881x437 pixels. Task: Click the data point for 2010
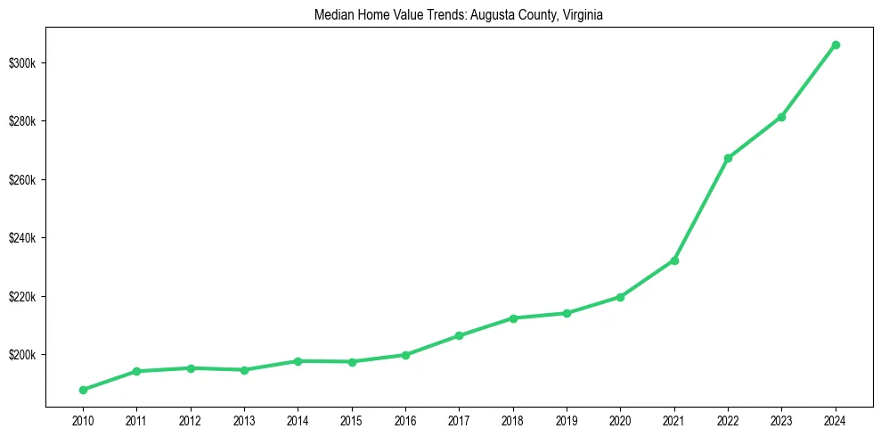coord(83,390)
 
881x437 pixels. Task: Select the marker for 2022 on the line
coord(728,158)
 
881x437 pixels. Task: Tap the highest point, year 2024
coord(836,45)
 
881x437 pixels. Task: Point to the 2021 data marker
coord(674,260)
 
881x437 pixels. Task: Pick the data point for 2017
coord(460,335)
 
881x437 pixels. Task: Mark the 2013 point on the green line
coord(244,369)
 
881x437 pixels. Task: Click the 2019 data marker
coord(567,313)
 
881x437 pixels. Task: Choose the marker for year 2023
coord(781,117)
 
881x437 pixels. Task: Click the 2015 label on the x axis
coord(352,418)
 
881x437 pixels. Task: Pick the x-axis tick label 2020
coord(620,418)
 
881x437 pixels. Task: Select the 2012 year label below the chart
coord(191,418)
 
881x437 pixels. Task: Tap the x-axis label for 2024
coord(836,418)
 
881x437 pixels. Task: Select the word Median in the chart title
coord(332,15)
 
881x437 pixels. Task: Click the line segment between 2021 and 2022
coord(701,210)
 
